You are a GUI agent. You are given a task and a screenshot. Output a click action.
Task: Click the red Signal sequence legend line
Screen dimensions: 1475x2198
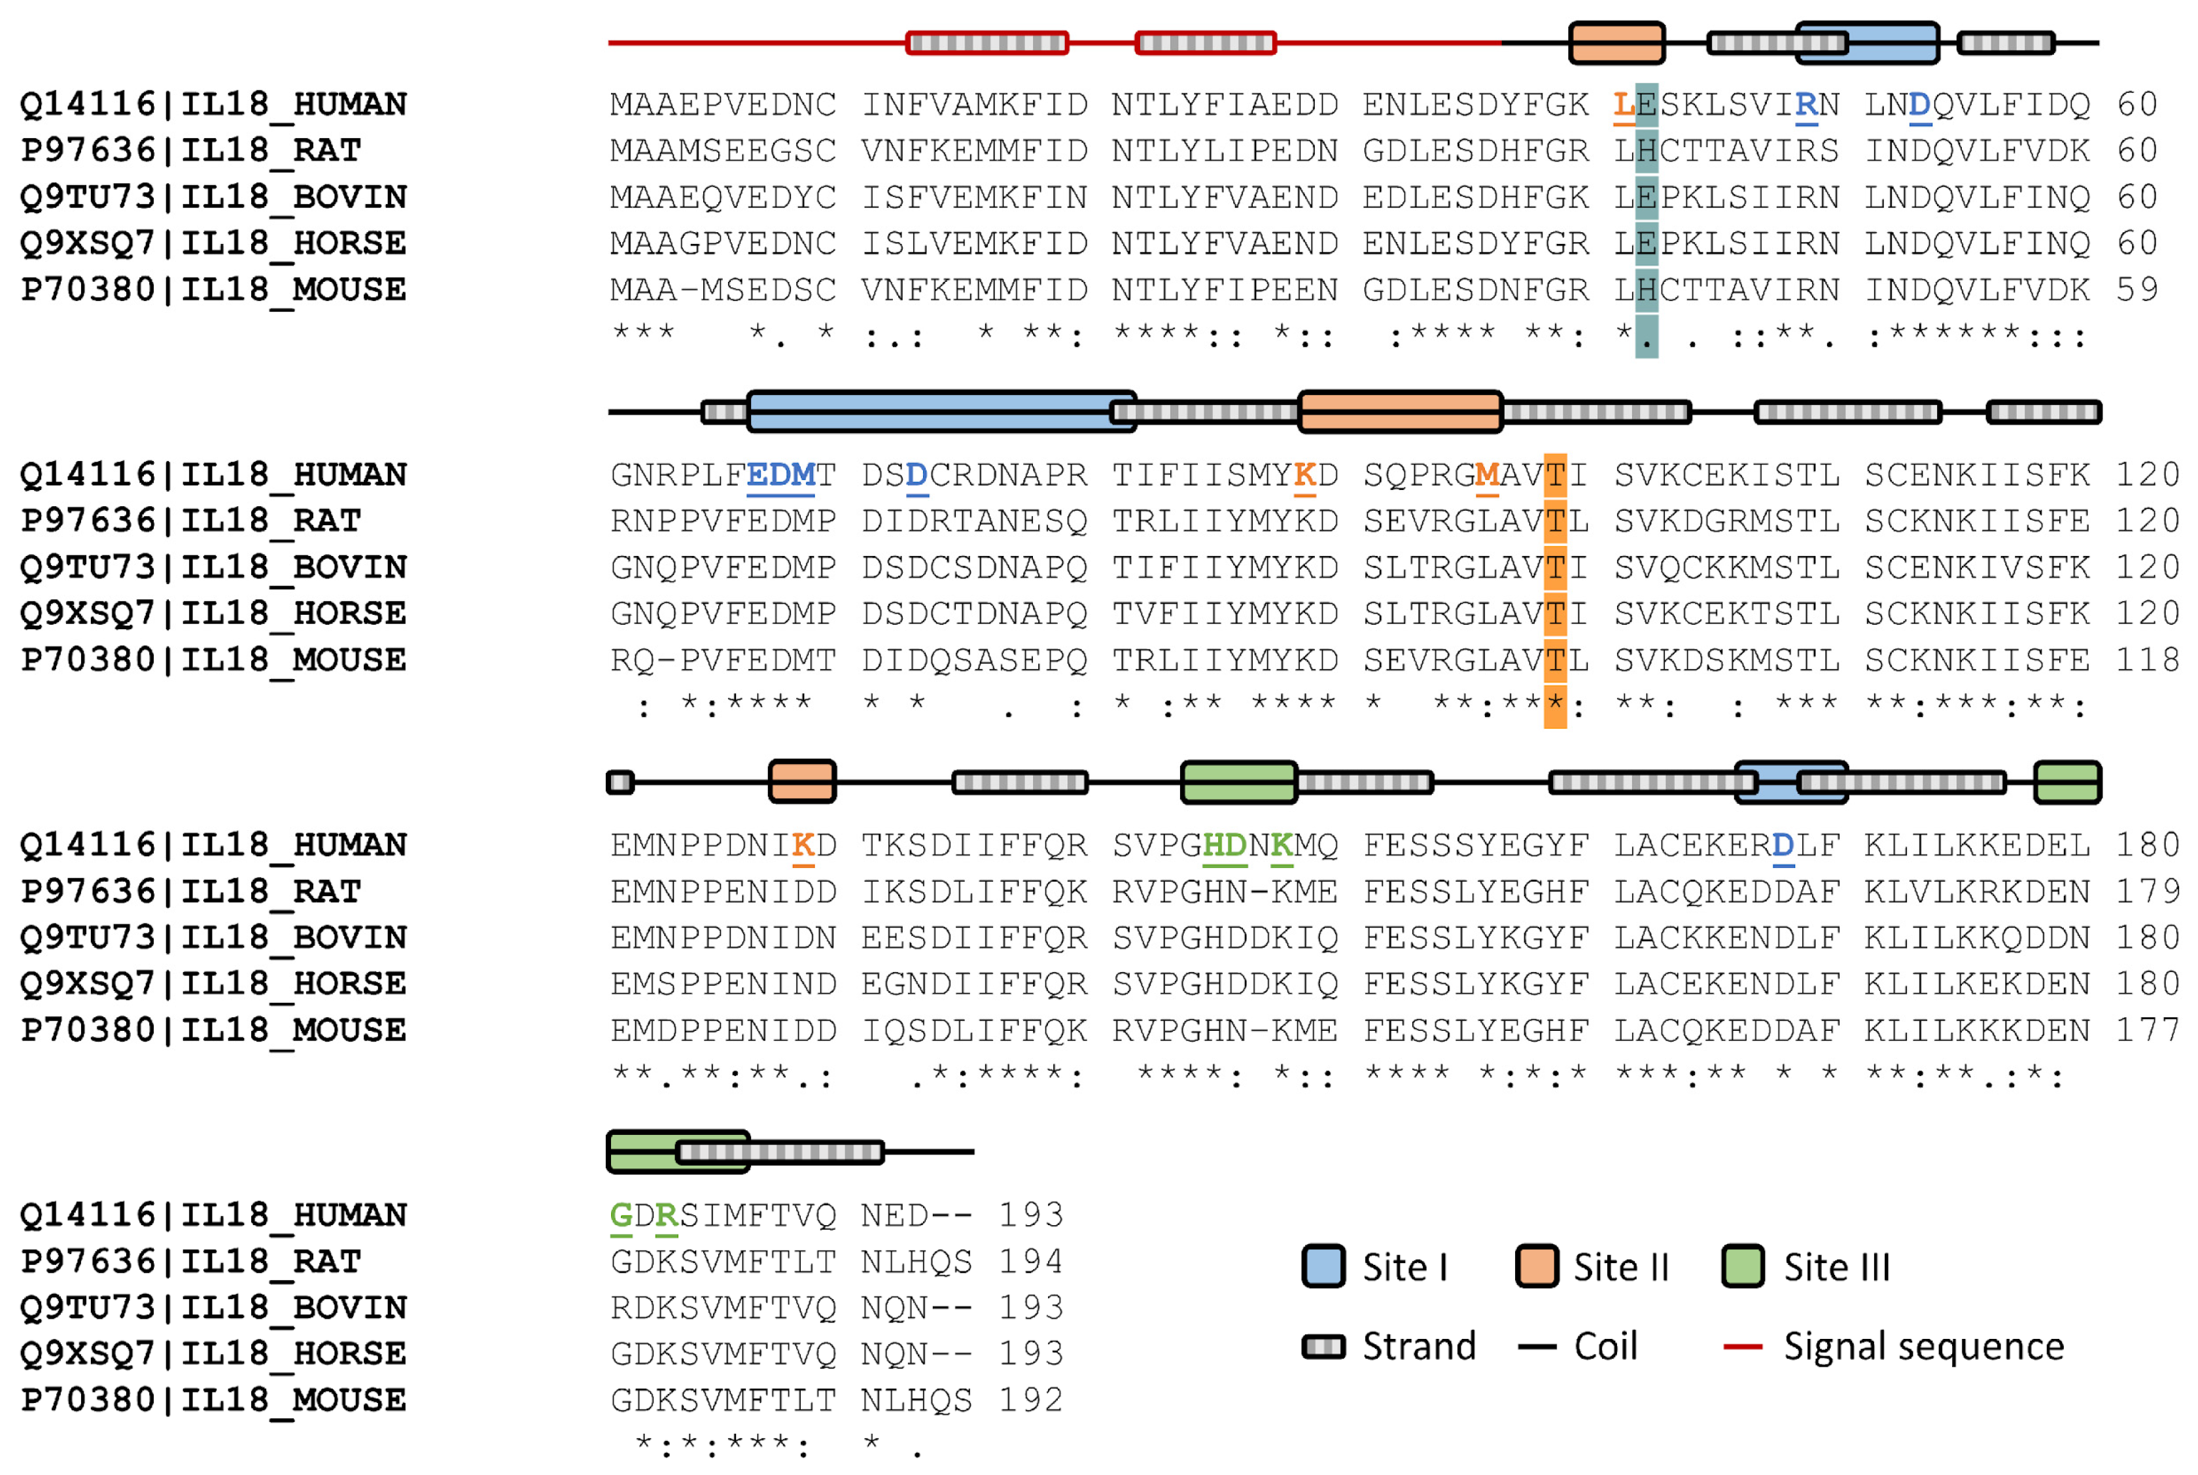pyautogui.click(x=1742, y=1347)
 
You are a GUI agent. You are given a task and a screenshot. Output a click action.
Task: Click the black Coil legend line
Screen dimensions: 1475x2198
pyautogui.click(x=1537, y=1347)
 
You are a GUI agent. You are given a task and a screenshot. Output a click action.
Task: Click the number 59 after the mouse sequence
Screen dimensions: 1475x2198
pyautogui.click(x=2137, y=290)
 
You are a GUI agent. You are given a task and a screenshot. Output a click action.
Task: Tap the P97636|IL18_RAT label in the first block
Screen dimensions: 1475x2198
pyautogui.click(x=191, y=150)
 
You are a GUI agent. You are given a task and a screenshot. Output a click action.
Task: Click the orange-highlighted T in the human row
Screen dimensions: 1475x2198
pyautogui.click(x=1555, y=475)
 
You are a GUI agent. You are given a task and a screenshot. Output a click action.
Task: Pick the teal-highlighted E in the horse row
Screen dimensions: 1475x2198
pyautogui.click(x=1646, y=243)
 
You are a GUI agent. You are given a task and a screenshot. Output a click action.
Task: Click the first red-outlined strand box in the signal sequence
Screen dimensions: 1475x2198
pyautogui.click(x=986, y=43)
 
